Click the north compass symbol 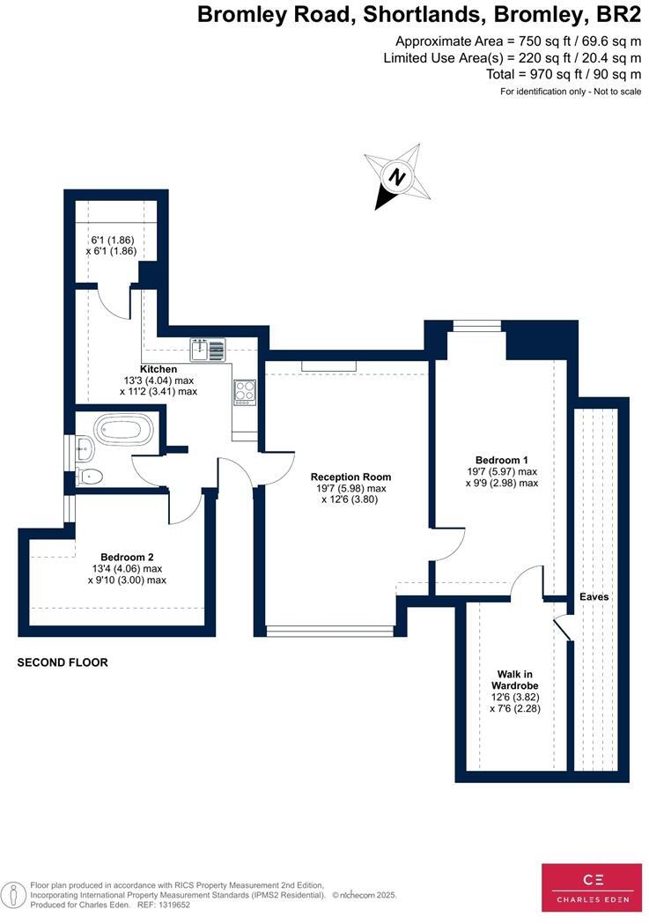398,177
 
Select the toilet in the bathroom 89,477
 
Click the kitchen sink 210,349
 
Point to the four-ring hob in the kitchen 245,390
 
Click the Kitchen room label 159,369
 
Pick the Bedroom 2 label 127,557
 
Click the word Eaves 594,596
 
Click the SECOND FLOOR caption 63,662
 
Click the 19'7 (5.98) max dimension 351,488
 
